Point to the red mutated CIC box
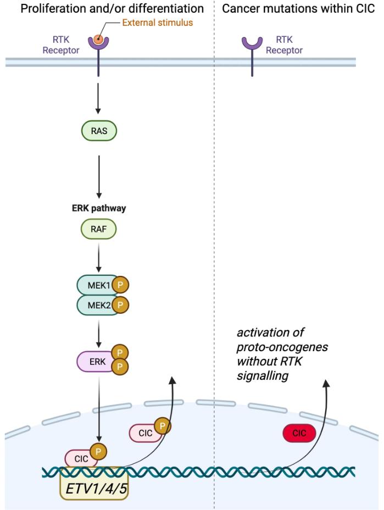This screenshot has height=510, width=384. click(x=299, y=433)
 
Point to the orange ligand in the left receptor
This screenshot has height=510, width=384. click(x=97, y=40)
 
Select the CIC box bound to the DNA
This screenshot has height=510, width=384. click(x=80, y=457)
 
